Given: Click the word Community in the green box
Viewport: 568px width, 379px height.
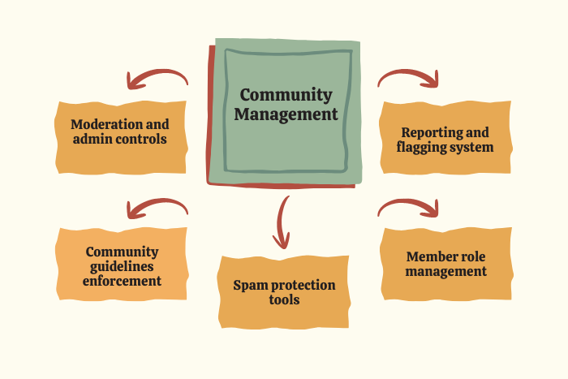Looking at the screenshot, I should coord(286,96).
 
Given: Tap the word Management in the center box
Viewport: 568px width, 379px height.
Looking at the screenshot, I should coord(286,114).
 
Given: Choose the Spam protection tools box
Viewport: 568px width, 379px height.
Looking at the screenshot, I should coord(284,292).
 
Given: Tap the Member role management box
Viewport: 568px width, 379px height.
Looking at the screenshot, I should coord(445,264).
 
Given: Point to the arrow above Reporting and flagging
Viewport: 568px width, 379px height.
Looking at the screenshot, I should coord(408,77).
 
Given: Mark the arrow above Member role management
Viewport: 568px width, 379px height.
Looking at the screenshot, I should coord(408,208).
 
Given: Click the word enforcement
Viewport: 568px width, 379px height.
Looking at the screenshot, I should coord(122,281).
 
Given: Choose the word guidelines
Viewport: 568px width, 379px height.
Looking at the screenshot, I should coord(122,266).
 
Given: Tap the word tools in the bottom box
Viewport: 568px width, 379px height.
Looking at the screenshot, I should coord(284,299).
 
